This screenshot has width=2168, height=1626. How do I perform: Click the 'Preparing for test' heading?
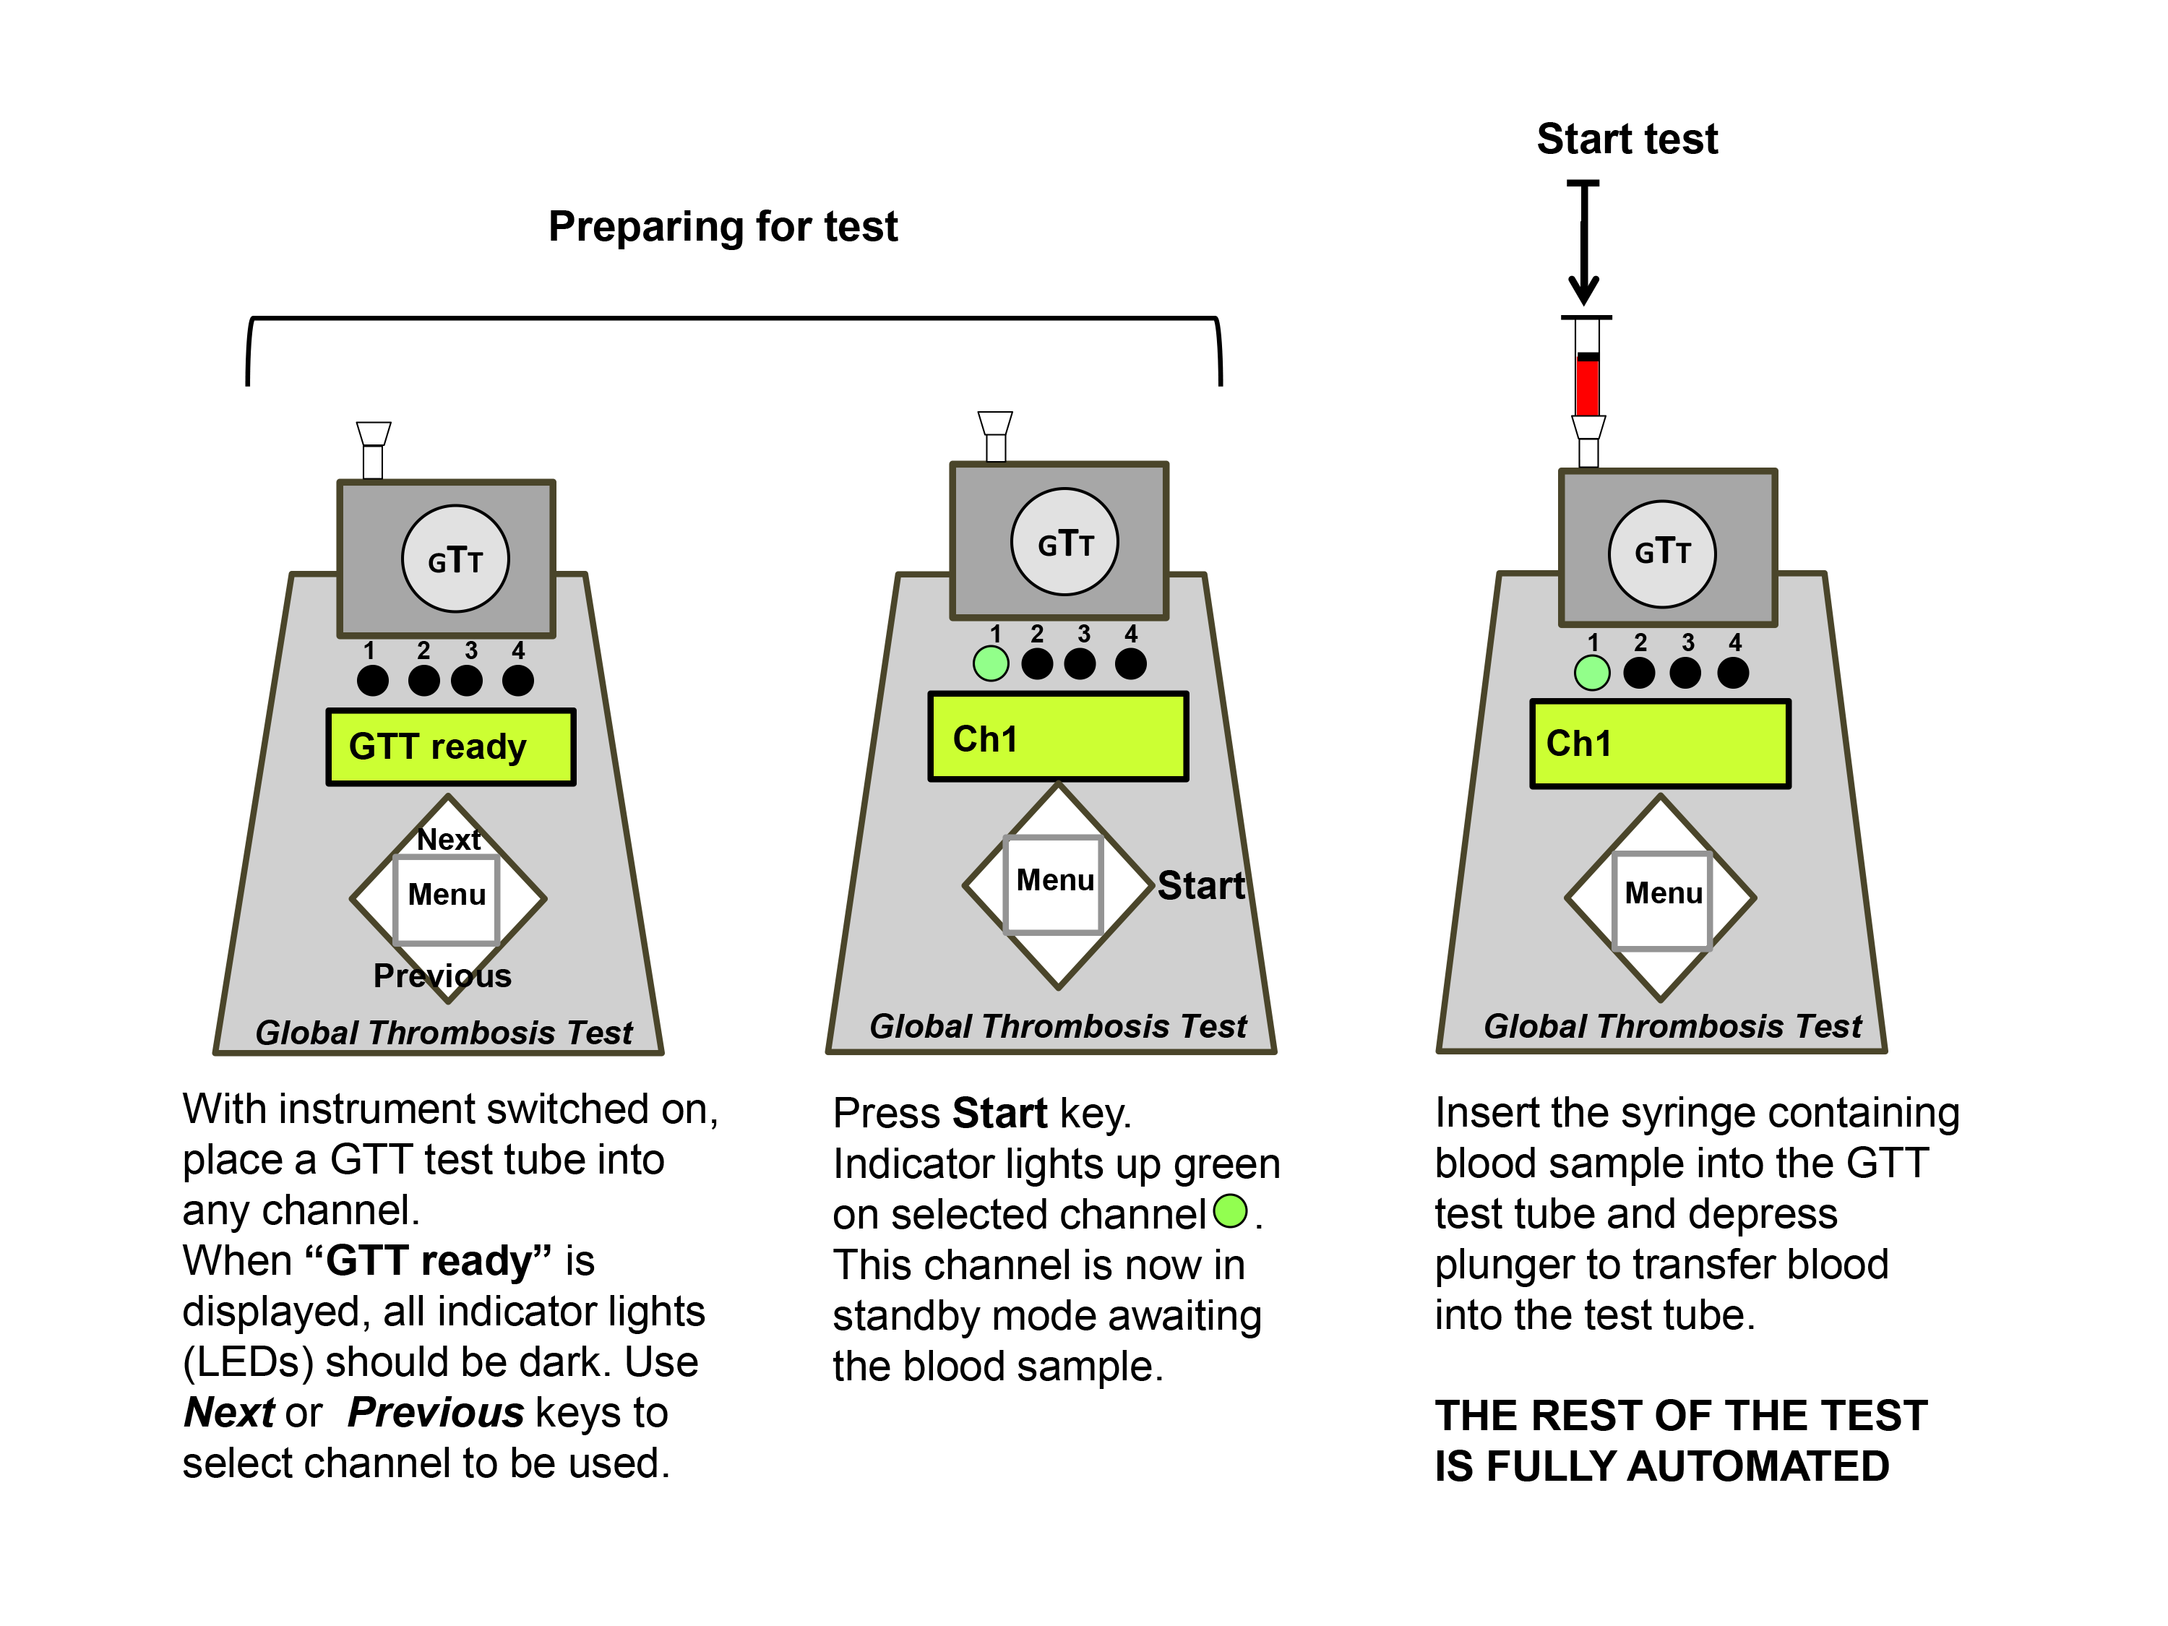(x=723, y=226)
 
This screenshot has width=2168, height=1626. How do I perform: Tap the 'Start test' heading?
(x=1626, y=139)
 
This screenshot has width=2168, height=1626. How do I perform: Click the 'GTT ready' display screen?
(x=451, y=747)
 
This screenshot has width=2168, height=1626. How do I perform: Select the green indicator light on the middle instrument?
(x=990, y=663)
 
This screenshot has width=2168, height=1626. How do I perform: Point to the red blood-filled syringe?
(x=1587, y=385)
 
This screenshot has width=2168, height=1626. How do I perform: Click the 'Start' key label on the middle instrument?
(x=1200, y=885)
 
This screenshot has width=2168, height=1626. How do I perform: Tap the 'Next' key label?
(x=449, y=839)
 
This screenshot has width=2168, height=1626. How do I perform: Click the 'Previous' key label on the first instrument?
(x=442, y=975)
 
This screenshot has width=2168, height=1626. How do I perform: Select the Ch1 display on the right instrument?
(x=1659, y=744)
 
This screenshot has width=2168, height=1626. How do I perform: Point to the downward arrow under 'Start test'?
(x=1583, y=245)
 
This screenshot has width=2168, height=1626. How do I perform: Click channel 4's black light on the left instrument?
(x=517, y=679)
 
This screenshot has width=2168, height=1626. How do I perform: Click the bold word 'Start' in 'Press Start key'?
(x=999, y=1114)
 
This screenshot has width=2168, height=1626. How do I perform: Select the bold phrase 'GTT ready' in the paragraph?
(x=429, y=1260)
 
